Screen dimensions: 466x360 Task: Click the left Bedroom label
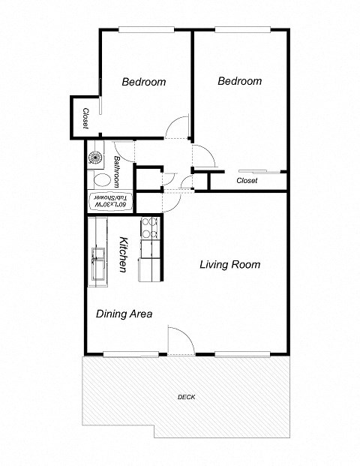pos(144,83)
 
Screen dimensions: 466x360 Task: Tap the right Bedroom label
pos(239,82)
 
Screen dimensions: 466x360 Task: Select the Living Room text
pos(229,265)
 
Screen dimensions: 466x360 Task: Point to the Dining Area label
pos(124,314)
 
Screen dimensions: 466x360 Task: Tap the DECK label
pos(187,397)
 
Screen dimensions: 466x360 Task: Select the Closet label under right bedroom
pos(247,181)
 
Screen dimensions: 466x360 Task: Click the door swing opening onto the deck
pos(180,340)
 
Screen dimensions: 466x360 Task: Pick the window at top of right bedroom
pos(241,30)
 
